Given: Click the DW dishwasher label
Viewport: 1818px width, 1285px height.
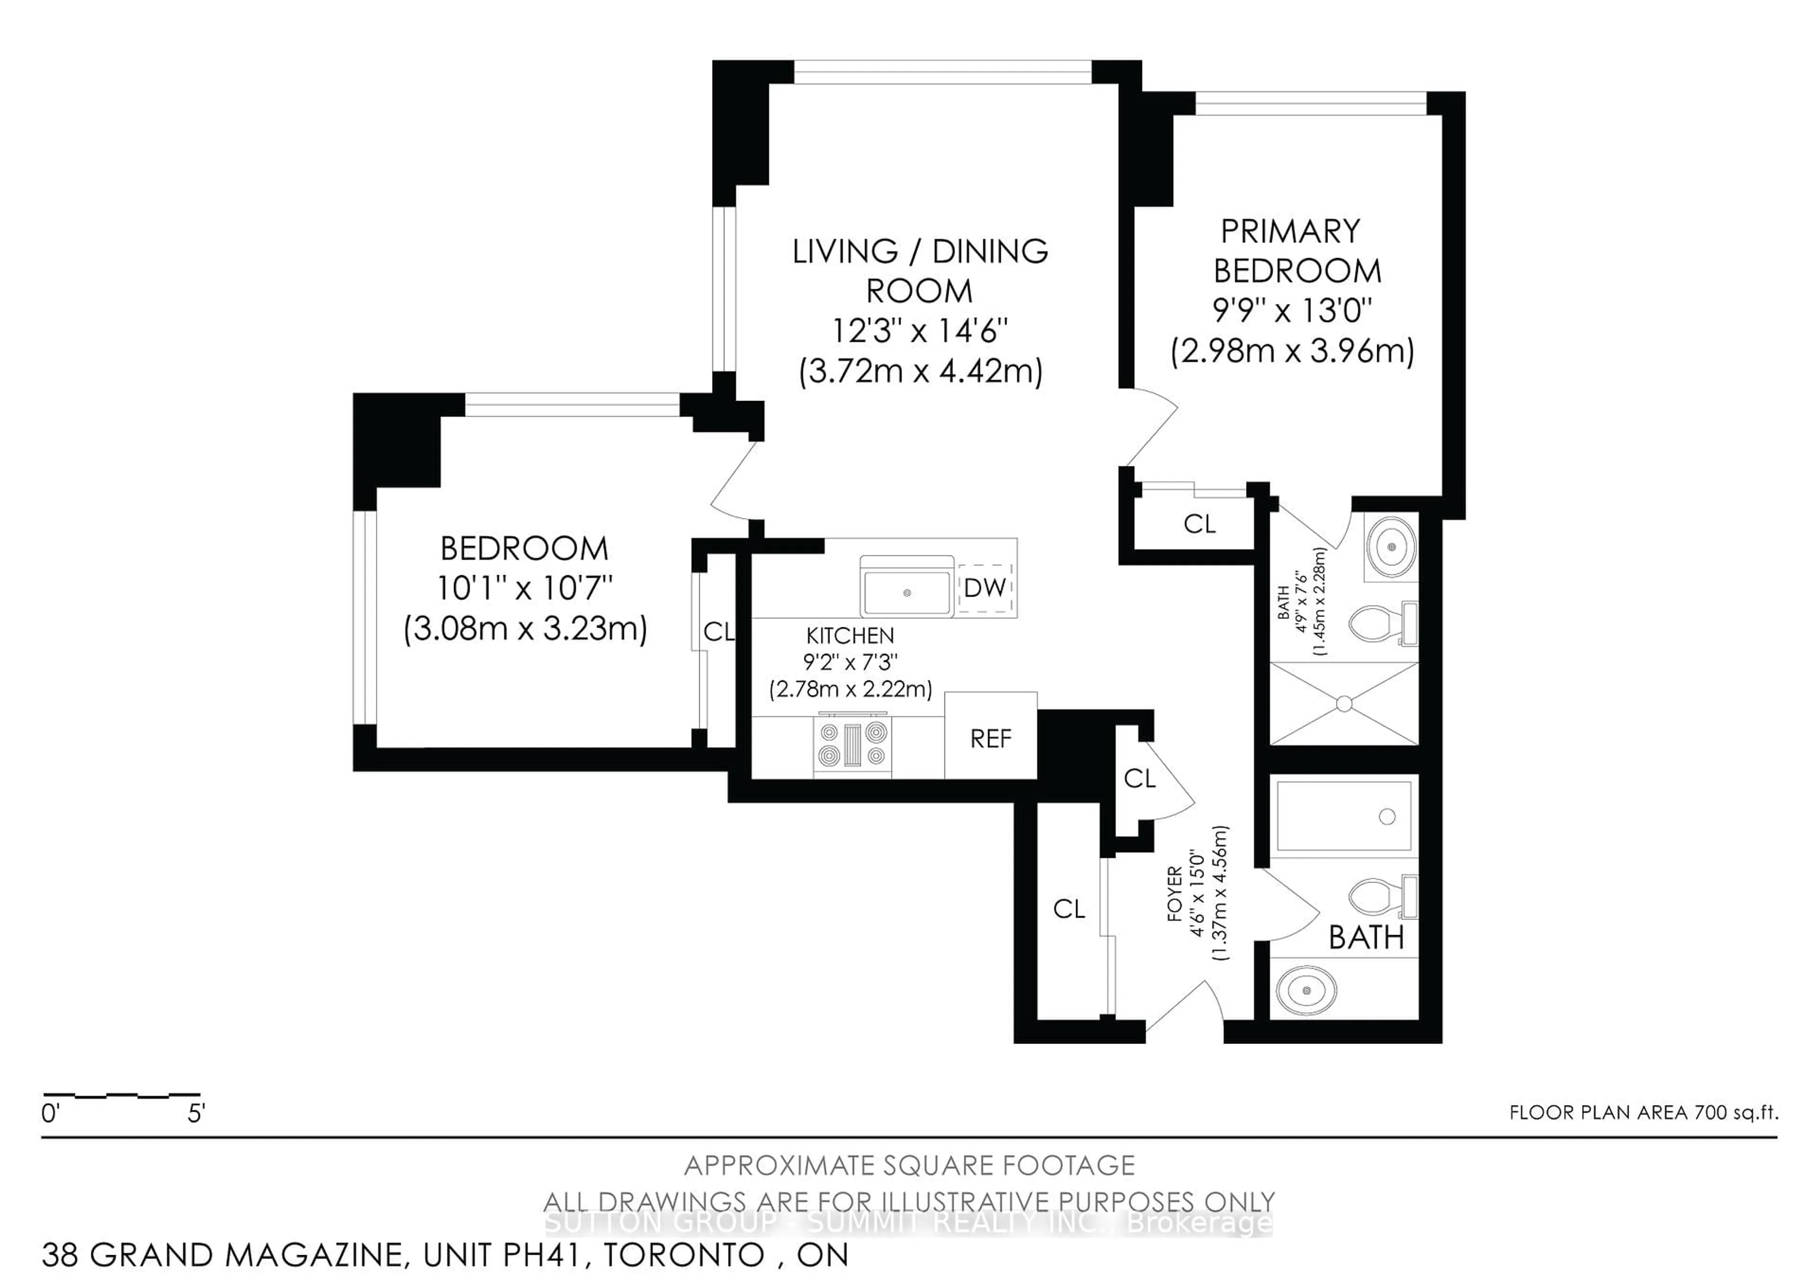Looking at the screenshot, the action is [985, 588].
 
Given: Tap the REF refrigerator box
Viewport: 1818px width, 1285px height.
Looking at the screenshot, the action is [990, 735].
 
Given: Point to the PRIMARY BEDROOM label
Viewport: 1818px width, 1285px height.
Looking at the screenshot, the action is [1297, 251].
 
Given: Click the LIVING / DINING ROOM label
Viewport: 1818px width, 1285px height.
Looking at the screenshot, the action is [920, 271].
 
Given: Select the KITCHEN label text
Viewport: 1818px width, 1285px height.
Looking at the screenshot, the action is [850, 636].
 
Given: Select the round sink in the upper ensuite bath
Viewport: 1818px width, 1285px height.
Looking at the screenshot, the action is [1391, 547].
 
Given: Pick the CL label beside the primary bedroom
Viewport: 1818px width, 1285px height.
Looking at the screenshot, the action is [1200, 524].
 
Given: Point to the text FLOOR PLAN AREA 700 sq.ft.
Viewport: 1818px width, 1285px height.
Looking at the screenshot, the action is [1644, 1112].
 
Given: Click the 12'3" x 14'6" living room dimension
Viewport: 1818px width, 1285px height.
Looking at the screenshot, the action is [920, 330].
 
